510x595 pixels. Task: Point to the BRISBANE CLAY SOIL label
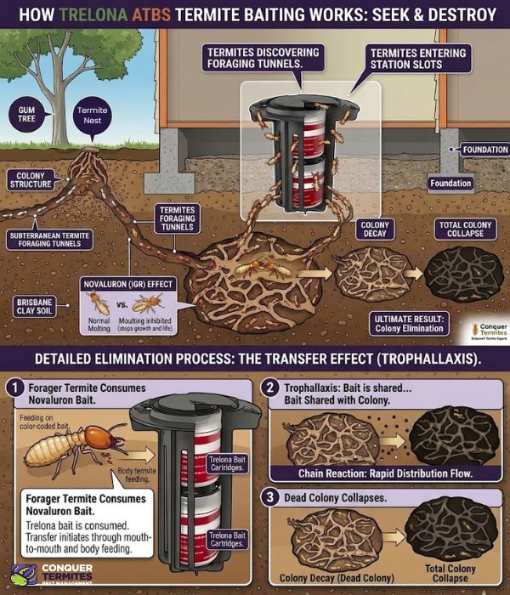[36, 307]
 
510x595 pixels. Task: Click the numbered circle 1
[14, 388]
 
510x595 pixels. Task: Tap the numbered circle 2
[270, 388]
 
